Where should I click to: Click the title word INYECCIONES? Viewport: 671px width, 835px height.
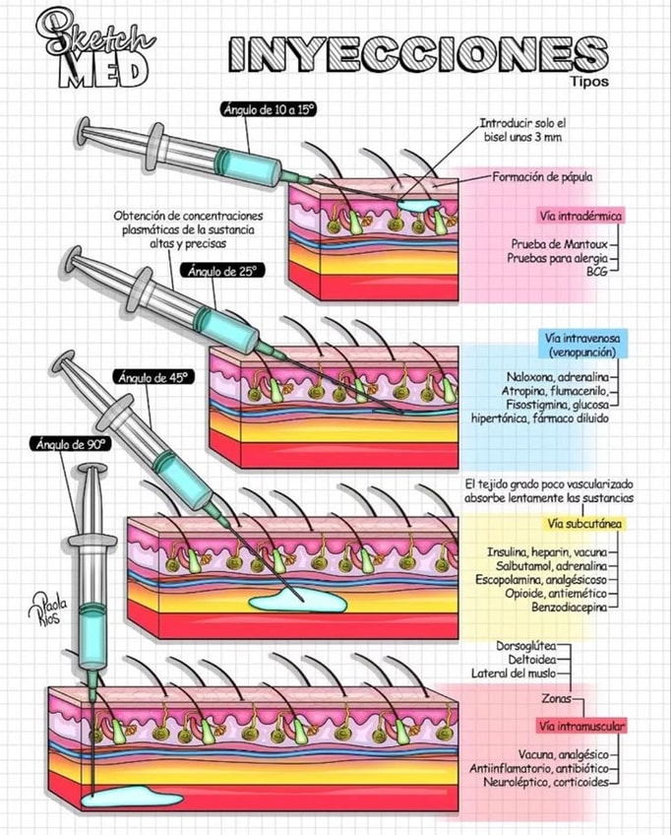coord(419,54)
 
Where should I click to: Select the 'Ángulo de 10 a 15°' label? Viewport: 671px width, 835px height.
coord(270,109)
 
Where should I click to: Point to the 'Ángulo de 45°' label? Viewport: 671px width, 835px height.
coord(153,377)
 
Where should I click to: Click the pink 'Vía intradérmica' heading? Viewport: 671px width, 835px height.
coord(580,217)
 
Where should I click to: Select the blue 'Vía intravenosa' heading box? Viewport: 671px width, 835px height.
coord(582,344)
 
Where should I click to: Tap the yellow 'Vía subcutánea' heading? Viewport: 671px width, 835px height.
coord(584,524)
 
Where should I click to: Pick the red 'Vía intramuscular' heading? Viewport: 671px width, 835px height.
coord(581,726)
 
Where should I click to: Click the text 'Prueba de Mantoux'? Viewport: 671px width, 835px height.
coord(559,244)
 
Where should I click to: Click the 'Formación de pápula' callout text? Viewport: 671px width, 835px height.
coord(542,176)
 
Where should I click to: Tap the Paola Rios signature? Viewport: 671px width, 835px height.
coord(47,609)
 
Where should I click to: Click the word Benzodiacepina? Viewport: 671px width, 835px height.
coord(569,607)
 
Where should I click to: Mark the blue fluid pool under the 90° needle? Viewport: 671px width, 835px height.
coord(132,798)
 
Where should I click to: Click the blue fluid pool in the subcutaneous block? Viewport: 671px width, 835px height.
coord(298,602)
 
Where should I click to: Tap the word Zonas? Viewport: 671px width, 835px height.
coord(556,699)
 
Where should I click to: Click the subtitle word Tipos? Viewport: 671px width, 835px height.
coord(589,82)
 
